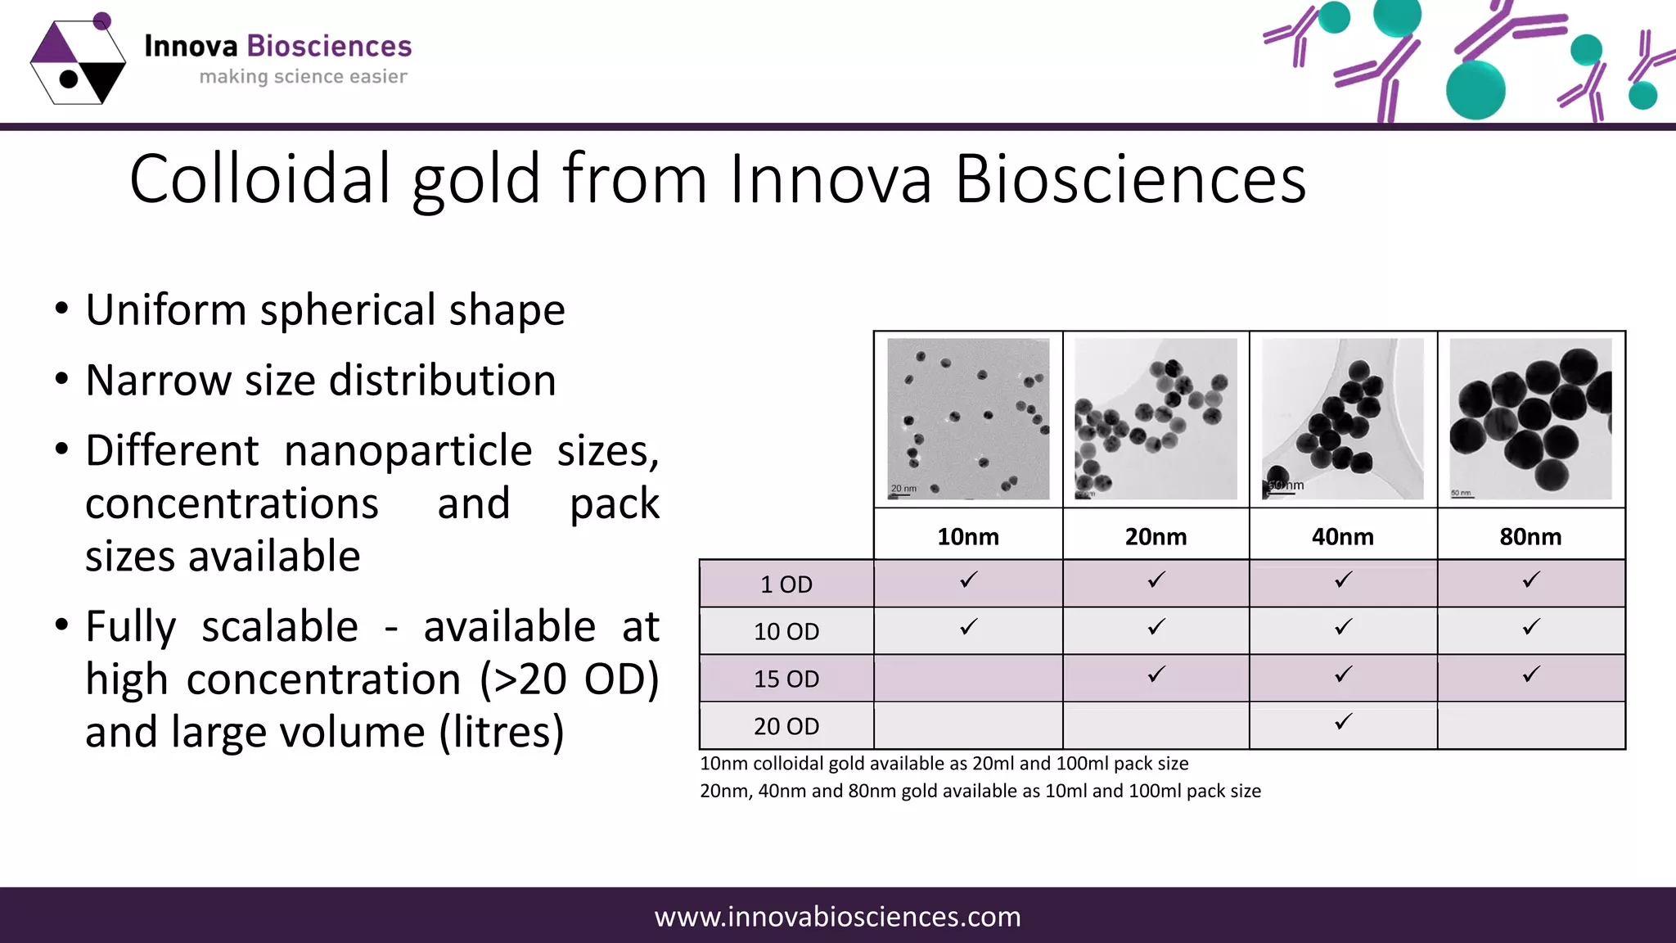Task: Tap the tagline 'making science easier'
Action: tap(303, 77)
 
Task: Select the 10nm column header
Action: tap(968, 537)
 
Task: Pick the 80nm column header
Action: tap(1530, 537)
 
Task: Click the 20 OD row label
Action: tap(786, 726)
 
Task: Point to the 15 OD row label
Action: tap(786, 679)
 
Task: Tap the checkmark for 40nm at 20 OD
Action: tap(1343, 722)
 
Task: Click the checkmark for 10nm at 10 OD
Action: tap(968, 627)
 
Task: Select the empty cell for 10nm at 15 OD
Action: tap(968, 678)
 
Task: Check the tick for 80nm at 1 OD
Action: tap(1530, 580)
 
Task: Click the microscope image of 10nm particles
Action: tap(968, 419)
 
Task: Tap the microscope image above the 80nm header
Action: tap(1530, 419)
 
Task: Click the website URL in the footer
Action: tap(837, 917)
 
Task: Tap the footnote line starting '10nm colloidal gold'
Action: tap(944, 764)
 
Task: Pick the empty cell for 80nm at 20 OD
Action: tap(1530, 726)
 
